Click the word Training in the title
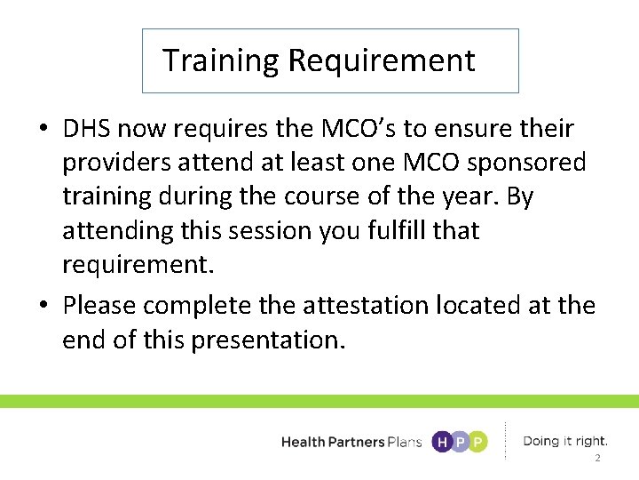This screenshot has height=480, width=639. point(221,61)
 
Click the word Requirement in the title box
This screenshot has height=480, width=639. point(382,61)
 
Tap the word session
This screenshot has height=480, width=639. point(262,230)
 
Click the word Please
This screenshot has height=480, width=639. point(99,306)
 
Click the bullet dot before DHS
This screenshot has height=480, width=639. point(43,130)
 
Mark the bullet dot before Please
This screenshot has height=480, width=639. point(43,307)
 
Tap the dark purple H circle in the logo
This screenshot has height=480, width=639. point(441,442)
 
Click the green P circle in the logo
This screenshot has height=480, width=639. point(478,442)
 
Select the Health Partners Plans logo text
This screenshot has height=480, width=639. point(351,442)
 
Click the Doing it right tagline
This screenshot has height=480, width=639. point(565,441)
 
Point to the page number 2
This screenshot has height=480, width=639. point(597,459)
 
